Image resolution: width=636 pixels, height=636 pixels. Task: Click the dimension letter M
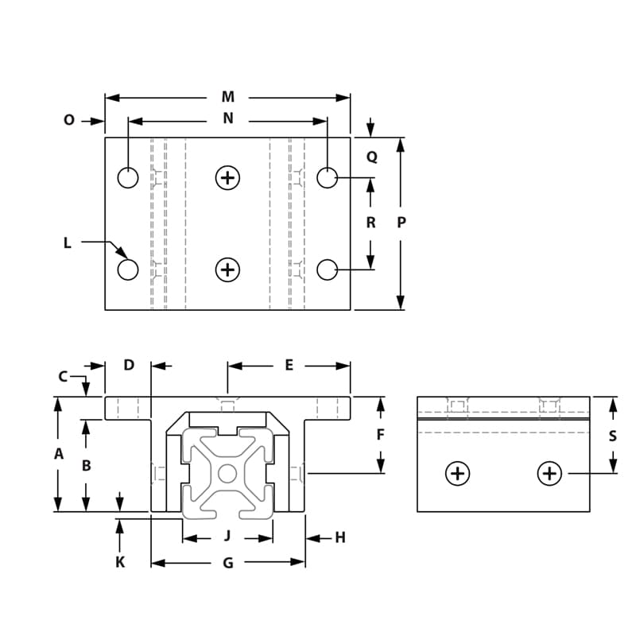228,97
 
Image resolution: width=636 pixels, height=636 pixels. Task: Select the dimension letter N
228,118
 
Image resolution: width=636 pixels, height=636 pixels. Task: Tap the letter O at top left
68,120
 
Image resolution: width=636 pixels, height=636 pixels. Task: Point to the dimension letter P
401,223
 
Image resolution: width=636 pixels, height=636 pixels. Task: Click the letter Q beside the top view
371,157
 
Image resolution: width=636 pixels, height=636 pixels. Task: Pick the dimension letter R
370,223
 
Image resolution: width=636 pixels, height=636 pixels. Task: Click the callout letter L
68,243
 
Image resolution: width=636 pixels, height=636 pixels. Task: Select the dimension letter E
289,365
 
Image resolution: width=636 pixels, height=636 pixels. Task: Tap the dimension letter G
227,563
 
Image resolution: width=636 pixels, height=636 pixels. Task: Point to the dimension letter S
612,436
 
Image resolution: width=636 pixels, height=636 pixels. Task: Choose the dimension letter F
380,435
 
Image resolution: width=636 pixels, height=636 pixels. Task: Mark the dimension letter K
120,562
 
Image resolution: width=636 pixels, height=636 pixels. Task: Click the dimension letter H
340,538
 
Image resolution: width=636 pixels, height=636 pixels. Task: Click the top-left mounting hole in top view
128,177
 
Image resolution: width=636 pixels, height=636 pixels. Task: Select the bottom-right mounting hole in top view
327,270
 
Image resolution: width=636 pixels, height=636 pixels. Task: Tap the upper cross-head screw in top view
228,177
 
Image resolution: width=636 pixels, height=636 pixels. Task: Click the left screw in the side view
457,474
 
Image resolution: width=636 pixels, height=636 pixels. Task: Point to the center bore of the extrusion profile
228,474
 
